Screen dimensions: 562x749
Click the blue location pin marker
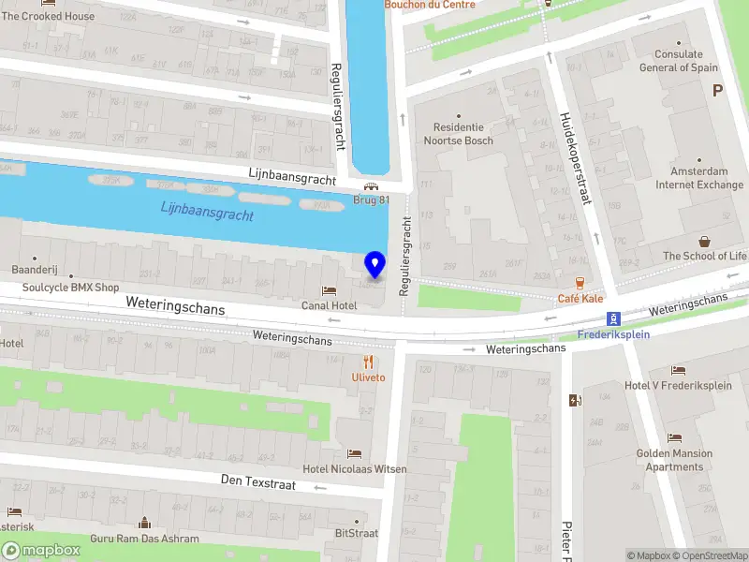tap(374, 264)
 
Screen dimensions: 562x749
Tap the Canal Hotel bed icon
tap(329, 290)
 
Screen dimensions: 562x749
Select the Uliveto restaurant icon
tap(369, 362)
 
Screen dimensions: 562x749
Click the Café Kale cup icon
tap(580, 282)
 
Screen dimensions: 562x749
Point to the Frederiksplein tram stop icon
tap(613, 318)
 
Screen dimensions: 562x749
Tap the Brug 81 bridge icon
tap(372, 185)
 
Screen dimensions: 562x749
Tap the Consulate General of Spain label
tap(679, 61)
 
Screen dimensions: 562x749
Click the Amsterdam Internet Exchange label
tap(698, 178)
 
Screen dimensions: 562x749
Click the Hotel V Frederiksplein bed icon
tap(679, 371)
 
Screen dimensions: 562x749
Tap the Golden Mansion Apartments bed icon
tap(674, 438)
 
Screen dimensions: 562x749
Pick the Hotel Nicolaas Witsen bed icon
tap(354, 453)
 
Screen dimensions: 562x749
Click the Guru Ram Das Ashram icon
tap(145, 523)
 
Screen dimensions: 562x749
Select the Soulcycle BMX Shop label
tap(71, 288)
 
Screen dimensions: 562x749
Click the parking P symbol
tap(718, 91)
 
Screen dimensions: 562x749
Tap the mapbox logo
tap(41, 550)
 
